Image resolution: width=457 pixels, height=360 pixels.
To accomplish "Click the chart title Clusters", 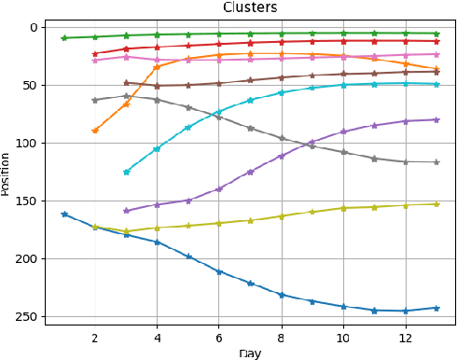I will pyautogui.click(x=249, y=7).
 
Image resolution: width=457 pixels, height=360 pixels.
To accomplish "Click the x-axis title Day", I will pyautogui.click(x=250, y=353).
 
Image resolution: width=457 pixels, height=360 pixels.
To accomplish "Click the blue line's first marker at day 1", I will pyautogui.click(x=63, y=215).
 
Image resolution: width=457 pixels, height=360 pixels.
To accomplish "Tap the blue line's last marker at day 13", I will pyautogui.click(x=436, y=308).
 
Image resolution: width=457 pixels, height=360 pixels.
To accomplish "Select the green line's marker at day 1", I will pyautogui.click(x=63, y=38).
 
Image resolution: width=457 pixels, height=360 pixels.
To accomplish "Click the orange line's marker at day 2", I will pyautogui.click(x=94, y=131).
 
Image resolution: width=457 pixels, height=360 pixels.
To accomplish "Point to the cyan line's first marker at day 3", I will pyautogui.click(x=126, y=172).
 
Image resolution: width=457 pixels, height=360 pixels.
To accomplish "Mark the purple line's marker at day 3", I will pyautogui.click(x=126, y=211).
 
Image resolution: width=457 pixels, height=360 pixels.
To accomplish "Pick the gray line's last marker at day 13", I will pyautogui.click(x=436, y=162).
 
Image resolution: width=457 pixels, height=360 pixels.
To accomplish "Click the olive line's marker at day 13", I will pyautogui.click(x=436, y=203).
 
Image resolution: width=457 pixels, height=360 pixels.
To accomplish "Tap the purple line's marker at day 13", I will pyautogui.click(x=436, y=119).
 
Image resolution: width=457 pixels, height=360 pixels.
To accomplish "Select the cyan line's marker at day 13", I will pyautogui.click(x=436, y=84).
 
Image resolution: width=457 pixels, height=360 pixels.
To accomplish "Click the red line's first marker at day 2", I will pyautogui.click(x=94, y=54).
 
